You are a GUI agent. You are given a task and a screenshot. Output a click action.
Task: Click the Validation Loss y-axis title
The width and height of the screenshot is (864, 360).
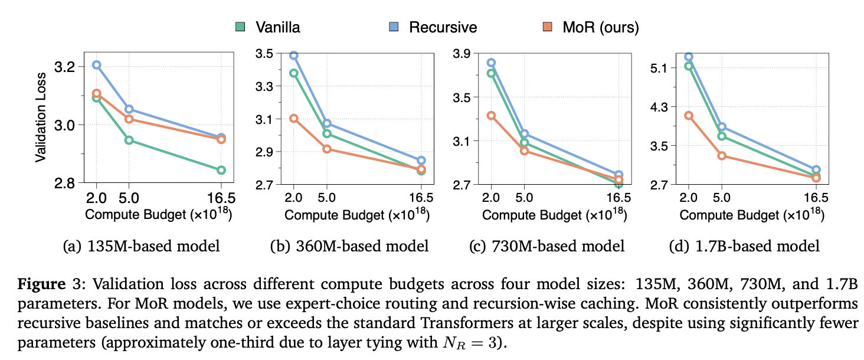tap(41, 118)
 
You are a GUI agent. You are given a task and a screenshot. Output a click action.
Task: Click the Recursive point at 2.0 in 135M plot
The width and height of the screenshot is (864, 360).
tap(97, 65)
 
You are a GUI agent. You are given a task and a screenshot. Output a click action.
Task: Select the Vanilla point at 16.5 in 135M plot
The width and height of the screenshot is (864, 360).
tap(221, 170)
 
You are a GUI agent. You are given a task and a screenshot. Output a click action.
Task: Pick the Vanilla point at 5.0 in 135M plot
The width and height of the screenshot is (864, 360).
tap(129, 140)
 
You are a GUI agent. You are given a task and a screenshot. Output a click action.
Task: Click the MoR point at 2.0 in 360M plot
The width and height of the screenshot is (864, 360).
tap(293, 119)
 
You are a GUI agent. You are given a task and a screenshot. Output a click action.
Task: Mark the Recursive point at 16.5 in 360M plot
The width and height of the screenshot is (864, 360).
tap(421, 161)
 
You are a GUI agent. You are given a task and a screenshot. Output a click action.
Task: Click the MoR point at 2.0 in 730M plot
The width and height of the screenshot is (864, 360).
tap(491, 116)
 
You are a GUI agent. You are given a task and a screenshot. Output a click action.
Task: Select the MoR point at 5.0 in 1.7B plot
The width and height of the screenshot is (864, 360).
tap(721, 156)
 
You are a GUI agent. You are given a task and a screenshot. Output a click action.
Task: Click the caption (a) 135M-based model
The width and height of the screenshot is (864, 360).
tap(142, 246)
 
